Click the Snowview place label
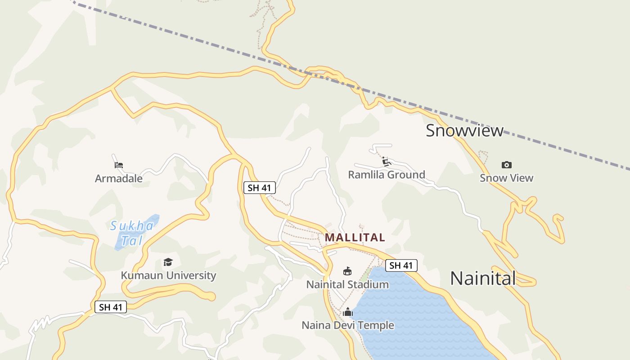pyautogui.click(x=464, y=130)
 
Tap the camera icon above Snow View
pyautogui.click(x=507, y=165)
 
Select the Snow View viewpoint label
pyautogui.click(x=506, y=178)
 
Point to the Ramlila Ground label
pyautogui.click(x=387, y=175)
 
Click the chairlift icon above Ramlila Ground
pyautogui.click(x=386, y=161)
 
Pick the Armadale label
pyautogui.click(x=119, y=179)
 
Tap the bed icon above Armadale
pyautogui.click(x=119, y=165)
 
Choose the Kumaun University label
pyautogui.click(x=168, y=275)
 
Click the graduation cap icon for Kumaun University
pyautogui.click(x=168, y=262)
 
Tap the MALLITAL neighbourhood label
pyautogui.click(x=355, y=237)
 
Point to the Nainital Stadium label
pyautogui.click(x=347, y=284)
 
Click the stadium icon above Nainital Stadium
pyautogui.click(x=347, y=271)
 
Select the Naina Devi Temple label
pyautogui.click(x=348, y=325)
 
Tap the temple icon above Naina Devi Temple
pyautogui.click(x=348, y=312)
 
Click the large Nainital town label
pyautogui.click(x=483, y=278)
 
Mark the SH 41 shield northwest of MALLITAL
pyautogui.click(x=260, y=188)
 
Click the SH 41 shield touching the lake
pyautogui.click(x=401, y=265)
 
